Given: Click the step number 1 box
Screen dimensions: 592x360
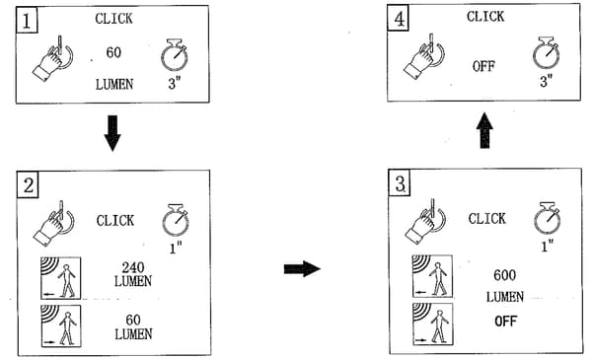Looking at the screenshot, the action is point(27,21).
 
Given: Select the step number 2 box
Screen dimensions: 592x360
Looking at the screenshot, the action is point(28,184).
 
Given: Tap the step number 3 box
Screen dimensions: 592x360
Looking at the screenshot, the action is point(400,183).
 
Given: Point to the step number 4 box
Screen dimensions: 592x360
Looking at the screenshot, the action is point(399,18).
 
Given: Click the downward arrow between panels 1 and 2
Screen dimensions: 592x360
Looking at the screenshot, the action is point(112,133).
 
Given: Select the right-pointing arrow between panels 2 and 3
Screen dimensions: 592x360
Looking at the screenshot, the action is point(302,268).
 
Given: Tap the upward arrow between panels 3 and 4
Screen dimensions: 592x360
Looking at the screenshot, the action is point(484,130).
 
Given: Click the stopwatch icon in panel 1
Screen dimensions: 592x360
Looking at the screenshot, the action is point(175,54).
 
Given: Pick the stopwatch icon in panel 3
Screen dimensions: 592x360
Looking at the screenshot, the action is point(547,218).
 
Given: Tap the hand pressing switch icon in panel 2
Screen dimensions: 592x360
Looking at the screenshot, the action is point(53,223).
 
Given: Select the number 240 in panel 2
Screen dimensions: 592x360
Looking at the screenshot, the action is point(133,267).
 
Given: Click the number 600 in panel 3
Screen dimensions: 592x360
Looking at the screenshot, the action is point(505,275).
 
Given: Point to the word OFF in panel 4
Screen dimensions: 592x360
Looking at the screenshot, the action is point(483,66).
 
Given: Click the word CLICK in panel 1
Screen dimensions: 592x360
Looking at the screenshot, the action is point(114,19).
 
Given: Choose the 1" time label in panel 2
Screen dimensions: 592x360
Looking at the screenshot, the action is point(176,248).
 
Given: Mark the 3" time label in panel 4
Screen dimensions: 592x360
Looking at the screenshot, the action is point(546,81).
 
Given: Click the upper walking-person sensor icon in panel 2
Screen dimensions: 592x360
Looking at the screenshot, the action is point(61,278).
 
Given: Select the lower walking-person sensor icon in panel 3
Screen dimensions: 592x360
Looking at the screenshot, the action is point(433,324).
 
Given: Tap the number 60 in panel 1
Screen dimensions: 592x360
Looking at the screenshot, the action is point(113,52).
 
